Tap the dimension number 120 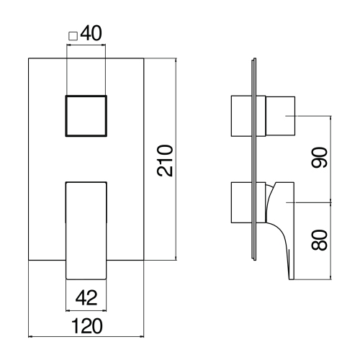click(x=86, y=326)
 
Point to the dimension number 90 click(x=320, y=156)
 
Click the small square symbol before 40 click(x=71, y=35)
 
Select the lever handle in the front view click(x=86, y=229)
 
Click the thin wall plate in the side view click(x=254, y=158)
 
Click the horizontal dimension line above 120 click(x=86, y=336)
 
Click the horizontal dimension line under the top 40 click(x=86, y=45)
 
